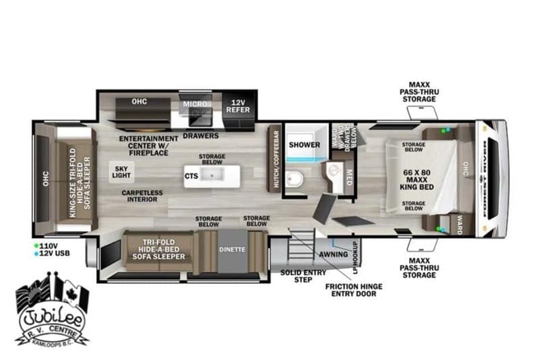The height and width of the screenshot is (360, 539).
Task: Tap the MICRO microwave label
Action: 193,104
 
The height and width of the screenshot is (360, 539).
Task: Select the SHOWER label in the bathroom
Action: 305,144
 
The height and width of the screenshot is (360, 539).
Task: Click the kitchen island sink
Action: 212,176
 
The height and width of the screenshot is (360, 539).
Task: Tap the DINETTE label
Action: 232,249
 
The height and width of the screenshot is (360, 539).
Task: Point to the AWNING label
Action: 334,254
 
